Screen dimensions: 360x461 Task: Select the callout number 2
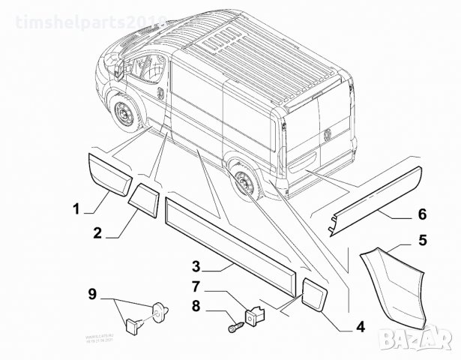pos(97,232)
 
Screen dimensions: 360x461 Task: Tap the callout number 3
pos(195,266)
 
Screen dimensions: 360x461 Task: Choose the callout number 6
pos(422,215)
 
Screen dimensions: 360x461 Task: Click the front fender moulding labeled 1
pos(109,172)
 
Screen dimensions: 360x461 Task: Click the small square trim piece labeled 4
pos(314,293)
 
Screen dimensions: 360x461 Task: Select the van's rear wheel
pos(245,181)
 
